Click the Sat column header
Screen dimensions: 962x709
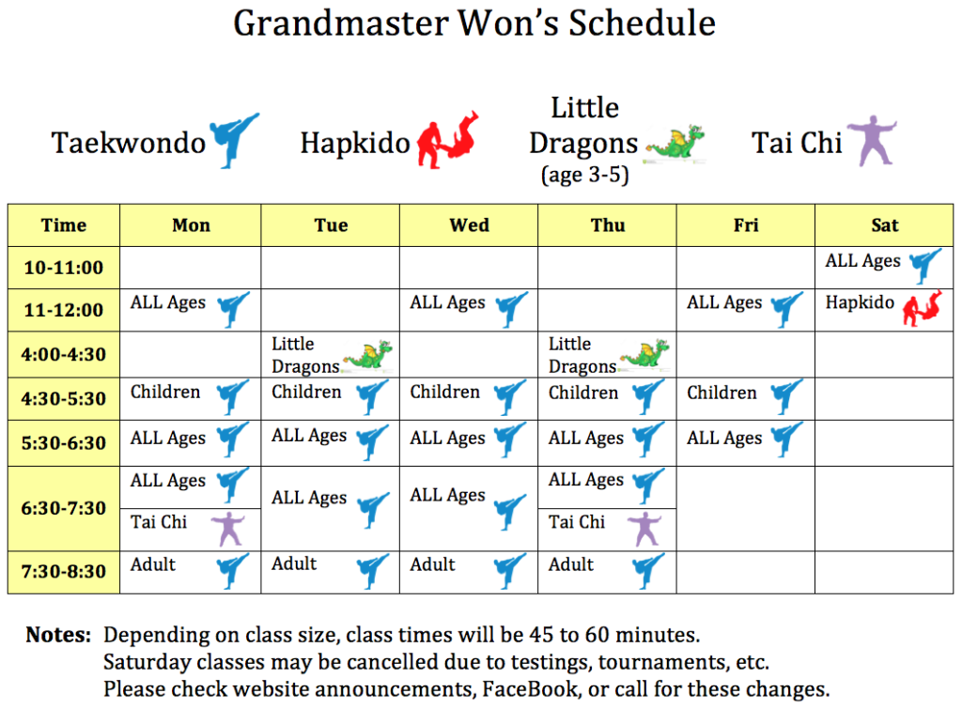[884, 225]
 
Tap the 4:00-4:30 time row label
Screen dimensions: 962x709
[63, 355]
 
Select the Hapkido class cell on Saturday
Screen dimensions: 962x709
[884, 309]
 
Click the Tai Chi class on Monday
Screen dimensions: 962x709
[190, 529]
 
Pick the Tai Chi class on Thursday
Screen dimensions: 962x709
[607, 529]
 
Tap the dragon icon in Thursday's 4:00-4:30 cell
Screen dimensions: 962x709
[644, 353]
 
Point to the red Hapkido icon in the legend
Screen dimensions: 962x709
[448, 140]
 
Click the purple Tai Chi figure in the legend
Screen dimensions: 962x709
[872, 141]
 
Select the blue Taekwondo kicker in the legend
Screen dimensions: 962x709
[234, 141]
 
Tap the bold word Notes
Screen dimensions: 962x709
[58, 635]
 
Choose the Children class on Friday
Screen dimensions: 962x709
[745, 399]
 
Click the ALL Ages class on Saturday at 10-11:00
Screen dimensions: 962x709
[884, 268]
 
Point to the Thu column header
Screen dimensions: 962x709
[608, 225]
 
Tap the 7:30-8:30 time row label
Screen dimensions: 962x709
[63, 572]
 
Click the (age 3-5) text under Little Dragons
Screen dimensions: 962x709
[584, 176]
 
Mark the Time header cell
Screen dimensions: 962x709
[63, 225]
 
